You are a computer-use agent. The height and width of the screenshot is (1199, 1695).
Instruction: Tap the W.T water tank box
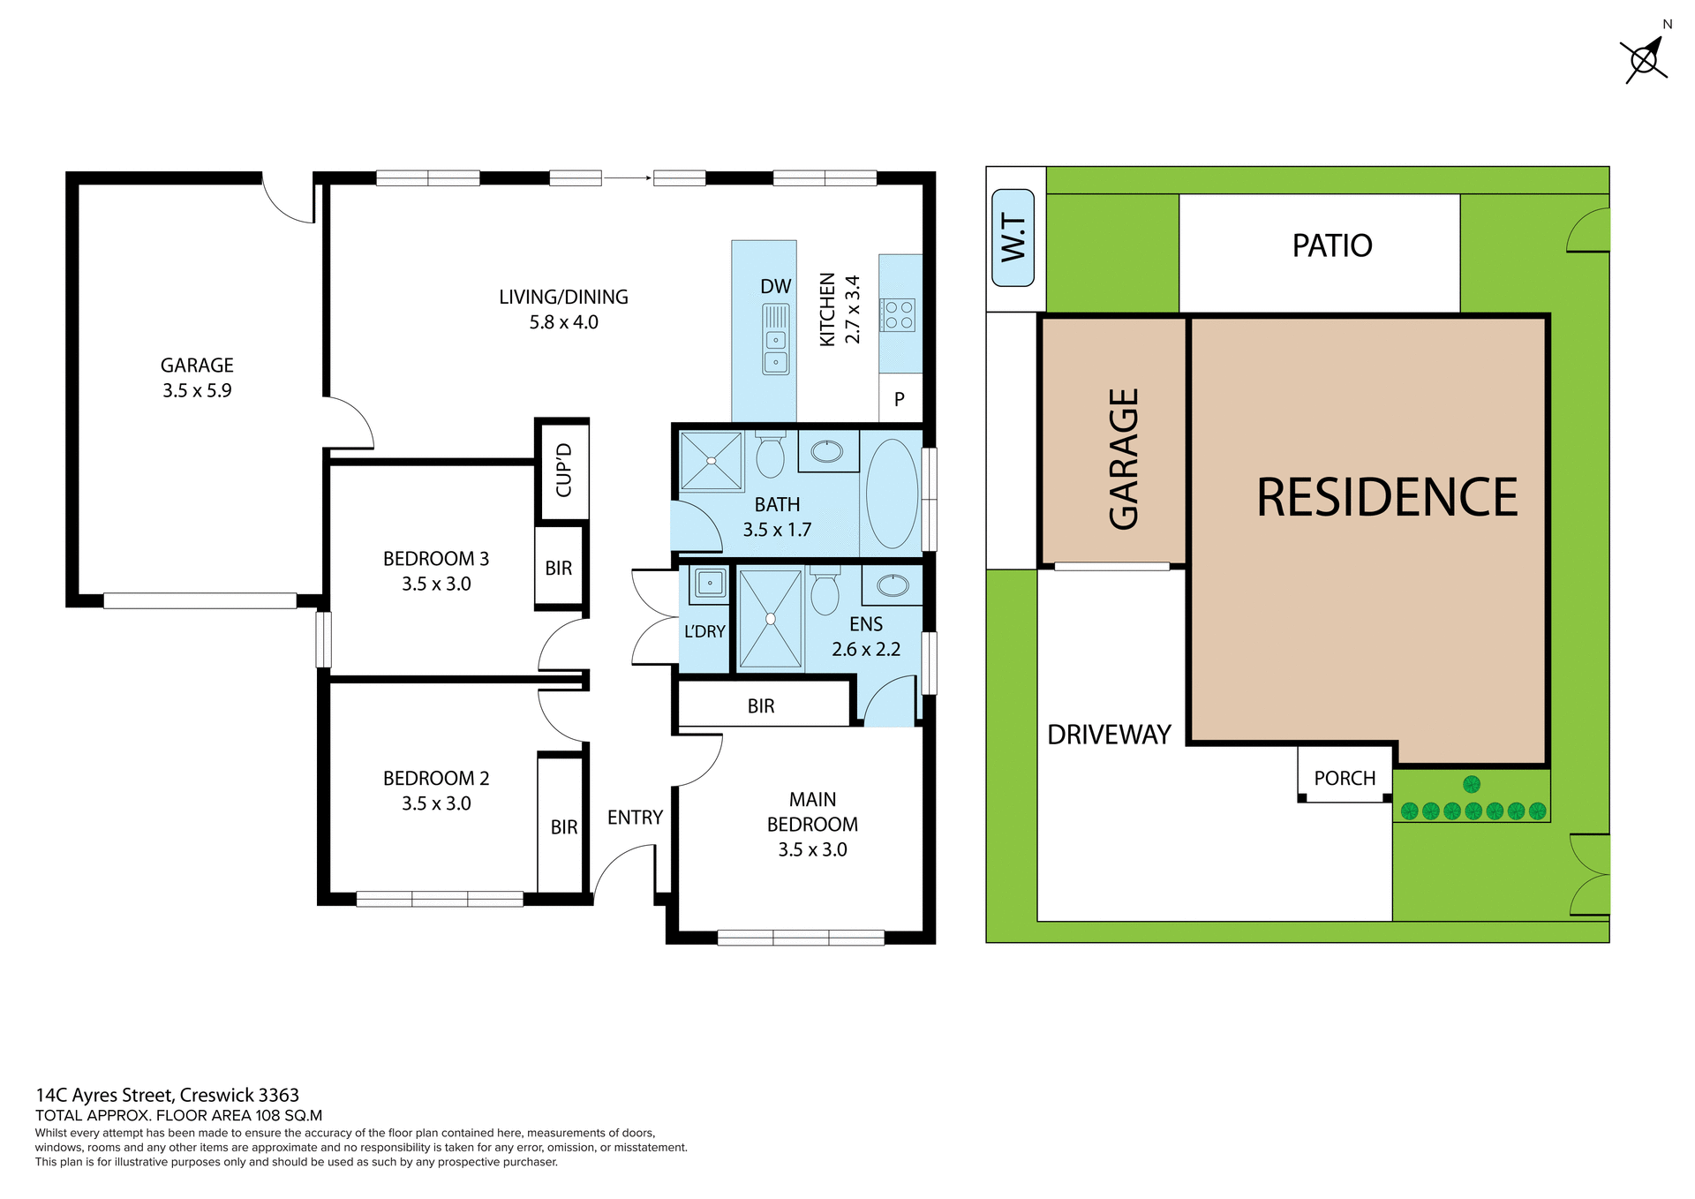1013,238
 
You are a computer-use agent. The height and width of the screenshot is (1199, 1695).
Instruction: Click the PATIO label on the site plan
1331,245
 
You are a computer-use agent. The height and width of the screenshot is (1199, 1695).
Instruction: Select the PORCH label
1344,778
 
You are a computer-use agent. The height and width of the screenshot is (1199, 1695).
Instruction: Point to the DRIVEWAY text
1109,735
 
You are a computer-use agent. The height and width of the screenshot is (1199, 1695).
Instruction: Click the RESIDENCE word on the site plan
1386,497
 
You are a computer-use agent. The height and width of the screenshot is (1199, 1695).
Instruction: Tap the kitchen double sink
776,340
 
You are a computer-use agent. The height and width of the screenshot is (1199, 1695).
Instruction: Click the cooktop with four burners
899,315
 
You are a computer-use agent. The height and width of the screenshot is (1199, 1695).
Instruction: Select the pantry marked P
899,399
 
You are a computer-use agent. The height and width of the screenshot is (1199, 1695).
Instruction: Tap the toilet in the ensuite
825,592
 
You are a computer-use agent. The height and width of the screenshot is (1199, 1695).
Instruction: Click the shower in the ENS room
770,619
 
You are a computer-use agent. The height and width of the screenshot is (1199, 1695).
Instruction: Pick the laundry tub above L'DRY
709,583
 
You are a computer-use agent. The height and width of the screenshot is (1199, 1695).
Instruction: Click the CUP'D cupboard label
563,470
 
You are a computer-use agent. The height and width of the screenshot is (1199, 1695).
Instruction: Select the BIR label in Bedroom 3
558,569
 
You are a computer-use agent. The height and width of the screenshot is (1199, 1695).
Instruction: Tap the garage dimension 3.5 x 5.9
196,390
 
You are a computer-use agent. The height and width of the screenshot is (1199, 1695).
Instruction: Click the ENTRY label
635,818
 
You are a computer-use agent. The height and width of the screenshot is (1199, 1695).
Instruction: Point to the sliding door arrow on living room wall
628,178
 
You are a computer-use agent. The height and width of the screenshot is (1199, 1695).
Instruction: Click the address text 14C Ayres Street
167,1095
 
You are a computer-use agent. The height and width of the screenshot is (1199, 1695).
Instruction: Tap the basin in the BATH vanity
827,452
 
